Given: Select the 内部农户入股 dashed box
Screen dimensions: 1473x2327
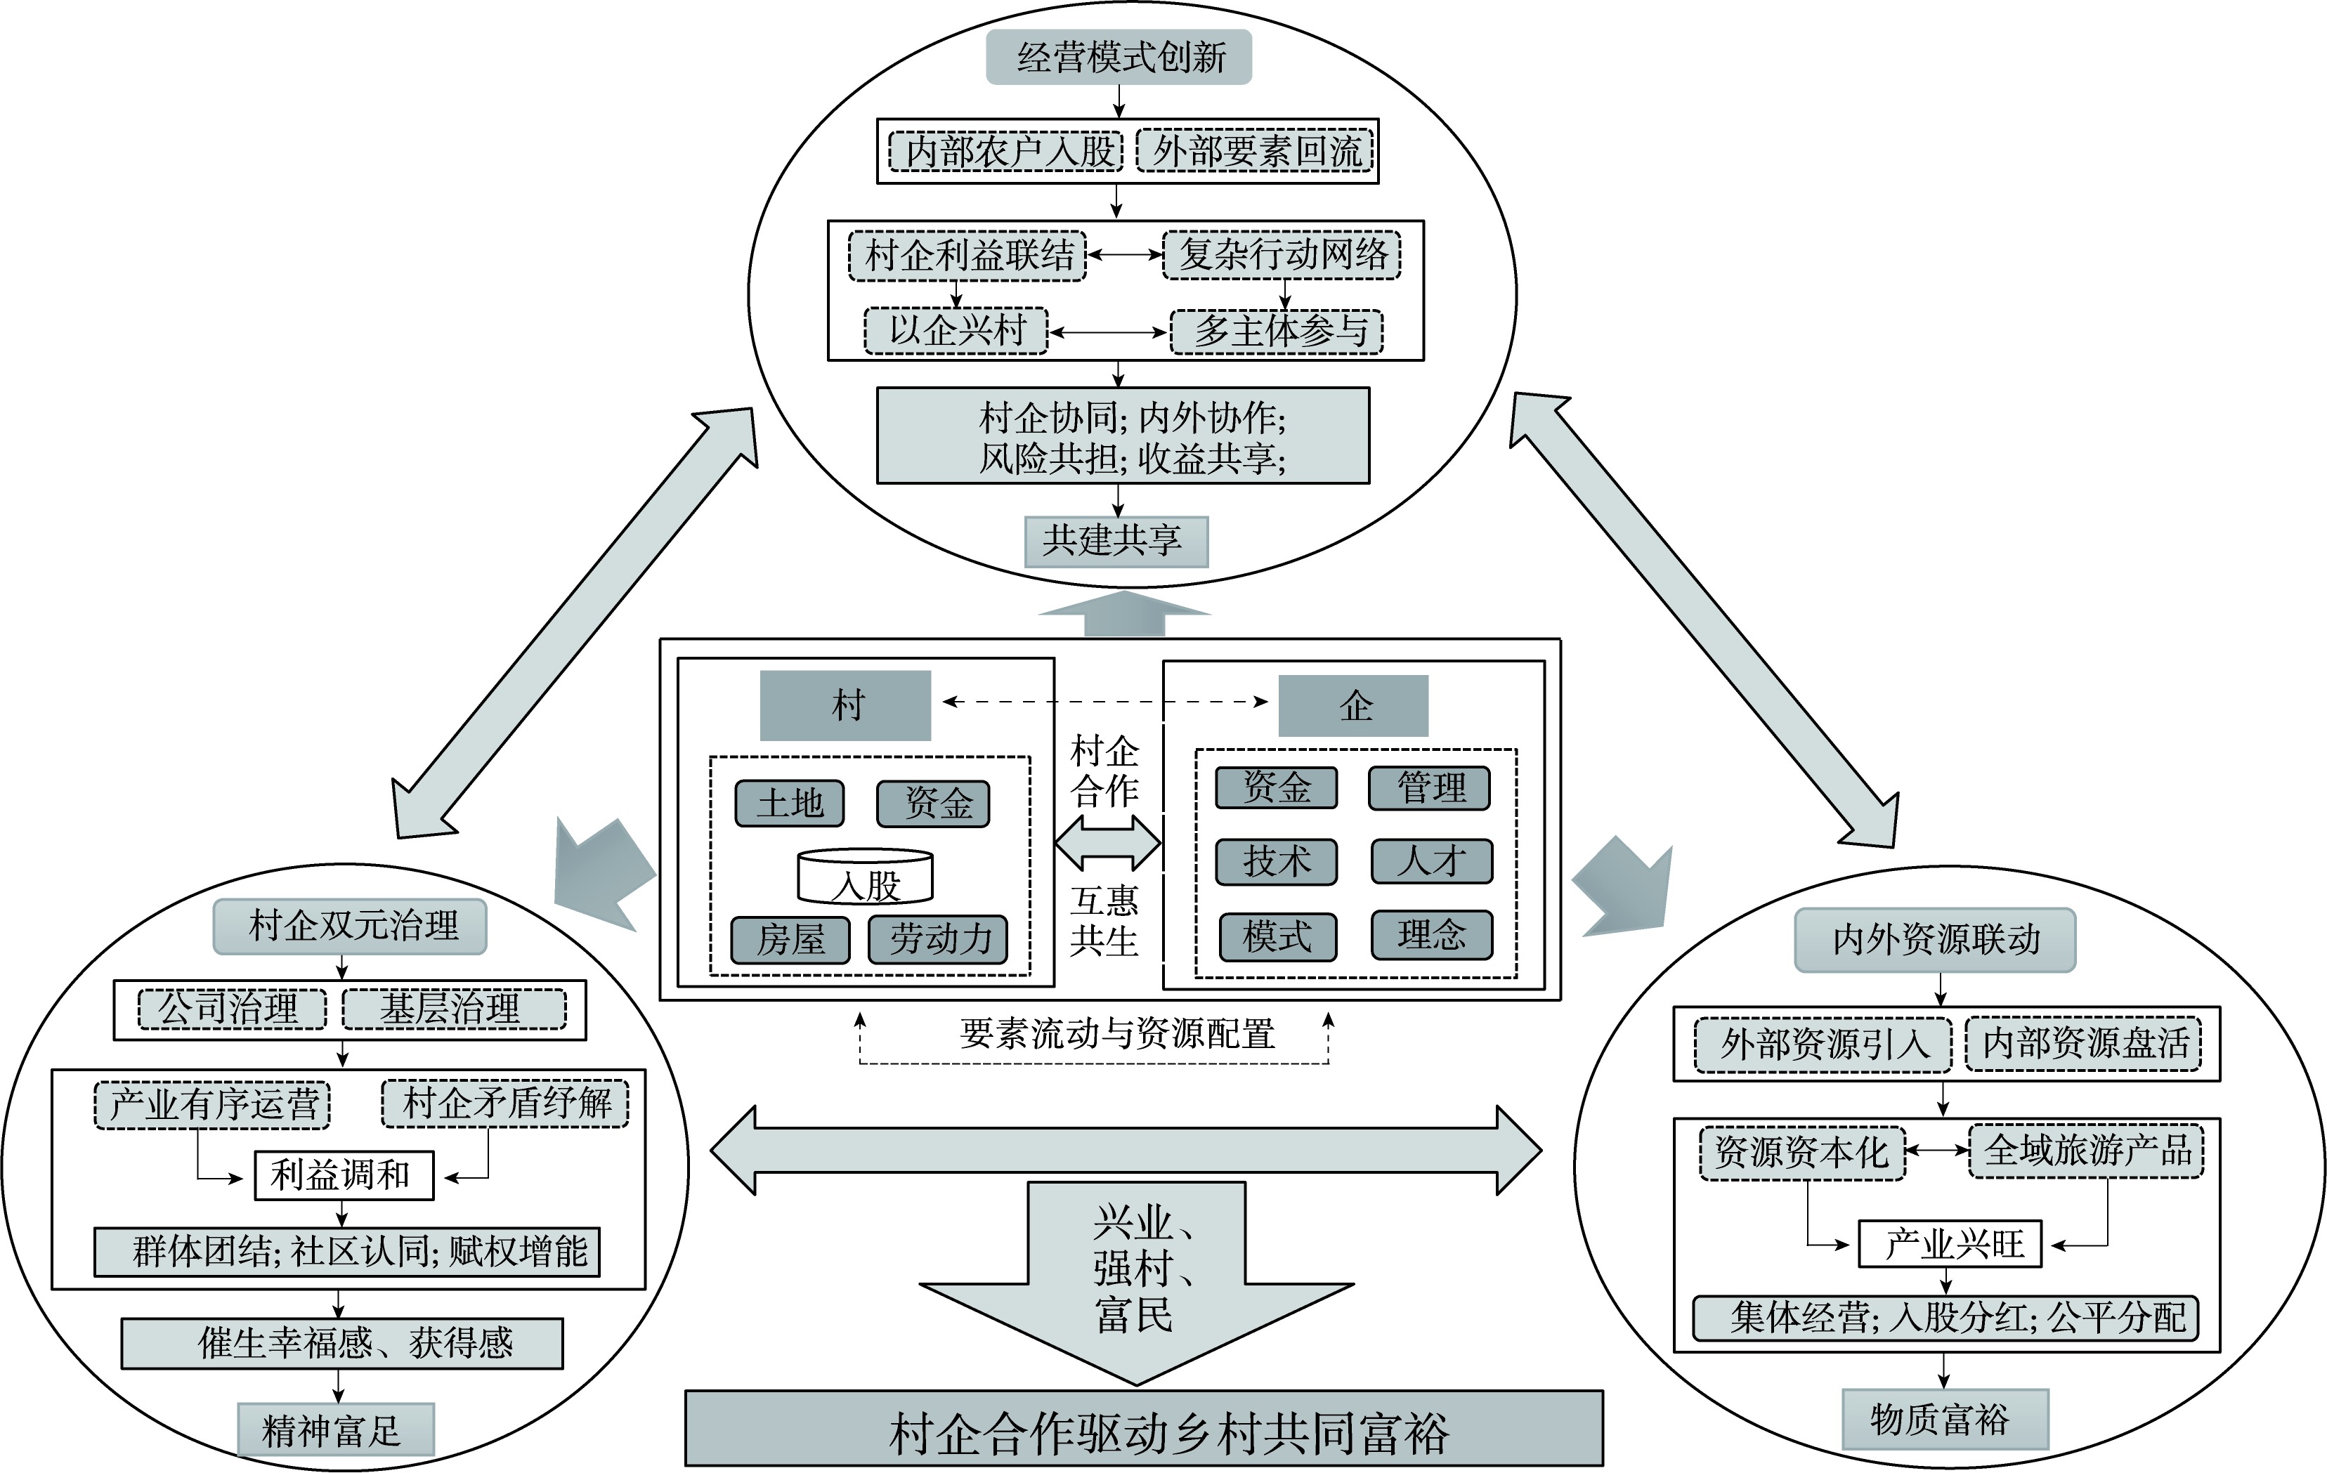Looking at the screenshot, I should tap(1005, 152).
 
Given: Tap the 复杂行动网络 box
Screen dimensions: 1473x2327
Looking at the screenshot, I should tap(1282, 255).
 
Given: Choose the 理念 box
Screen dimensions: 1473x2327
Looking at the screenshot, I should tap(1431, 935).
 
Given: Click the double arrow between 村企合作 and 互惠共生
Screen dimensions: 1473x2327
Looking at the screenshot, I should tap(1107, 842).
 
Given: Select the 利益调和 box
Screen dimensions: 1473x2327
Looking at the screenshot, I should tap(343, 1175).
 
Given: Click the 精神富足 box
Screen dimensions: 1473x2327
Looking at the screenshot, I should tap(335, 1429).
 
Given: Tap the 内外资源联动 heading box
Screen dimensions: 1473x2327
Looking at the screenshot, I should tap(1935, 940).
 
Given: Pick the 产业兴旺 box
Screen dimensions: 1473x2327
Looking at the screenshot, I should tap(1950, 1244).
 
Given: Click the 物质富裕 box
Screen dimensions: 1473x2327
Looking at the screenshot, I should tap(1944, 1419).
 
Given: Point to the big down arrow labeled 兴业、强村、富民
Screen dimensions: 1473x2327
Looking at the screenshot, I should tap(1135, 1275).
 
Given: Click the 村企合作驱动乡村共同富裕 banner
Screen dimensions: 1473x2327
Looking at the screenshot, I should tap(1144, 1432).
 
